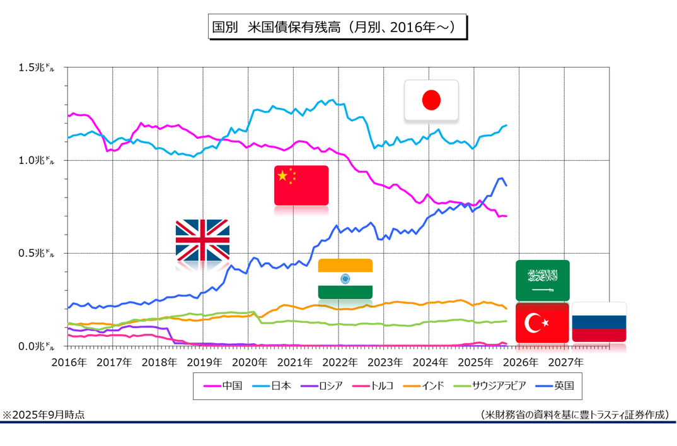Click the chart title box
pyautogui.click(x=338, y=28)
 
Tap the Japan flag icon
pyautogui.click(x=431, y=100)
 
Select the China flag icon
pyautogui.click(x=301, y=185)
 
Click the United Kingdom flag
pyautogui.click(x=202, y=240)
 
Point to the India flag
pyautogui.click(x=345, y=278)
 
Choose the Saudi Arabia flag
pyautogui.click(x=542, y=280)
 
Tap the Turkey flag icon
pyautogui.click(x=542, y=322)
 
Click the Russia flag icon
pyautogui.click(x=599, y=322)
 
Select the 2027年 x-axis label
pyautogui.click(x=565, y=363)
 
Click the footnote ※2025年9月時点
pyautogui.click(x=43, y=414)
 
